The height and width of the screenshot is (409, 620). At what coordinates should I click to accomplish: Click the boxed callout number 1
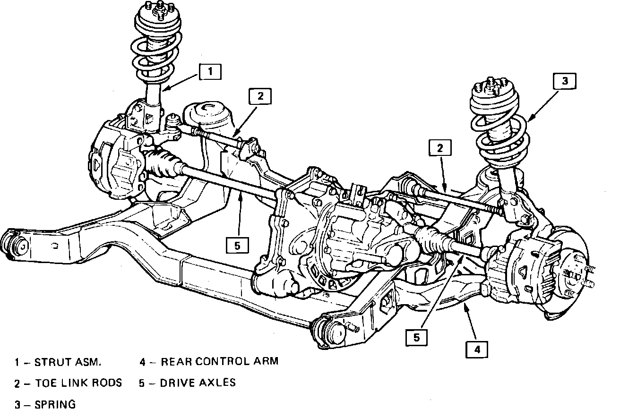210,72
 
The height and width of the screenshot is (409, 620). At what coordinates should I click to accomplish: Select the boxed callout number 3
565,81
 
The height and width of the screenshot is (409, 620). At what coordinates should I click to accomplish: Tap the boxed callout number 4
477,350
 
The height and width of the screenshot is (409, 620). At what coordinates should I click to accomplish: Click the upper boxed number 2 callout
260,96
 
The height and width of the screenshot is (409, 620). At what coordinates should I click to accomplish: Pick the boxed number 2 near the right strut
440,148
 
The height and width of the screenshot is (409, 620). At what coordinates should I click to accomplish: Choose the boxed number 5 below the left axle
237,245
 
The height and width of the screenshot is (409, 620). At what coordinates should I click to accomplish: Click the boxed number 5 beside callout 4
417,338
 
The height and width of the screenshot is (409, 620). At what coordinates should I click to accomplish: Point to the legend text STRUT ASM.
68,362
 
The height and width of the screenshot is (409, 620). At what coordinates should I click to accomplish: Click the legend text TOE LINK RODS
78,383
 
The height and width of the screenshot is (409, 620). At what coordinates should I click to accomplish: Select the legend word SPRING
55,404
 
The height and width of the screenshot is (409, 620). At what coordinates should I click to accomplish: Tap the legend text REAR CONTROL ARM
219,361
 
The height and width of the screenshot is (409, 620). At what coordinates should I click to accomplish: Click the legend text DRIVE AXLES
198,383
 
